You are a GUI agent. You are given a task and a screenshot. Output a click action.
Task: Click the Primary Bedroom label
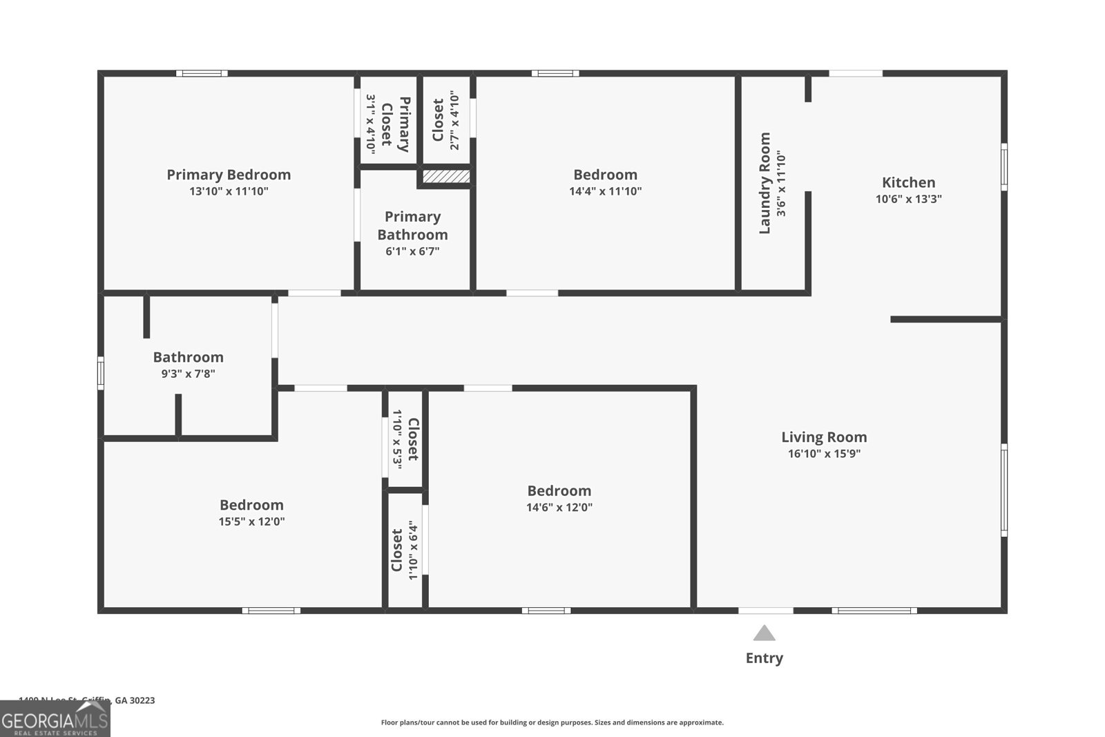point(229,175)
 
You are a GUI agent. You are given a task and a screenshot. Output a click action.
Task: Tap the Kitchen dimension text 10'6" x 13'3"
point(908,199)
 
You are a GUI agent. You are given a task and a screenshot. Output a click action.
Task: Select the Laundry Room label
point(765,183)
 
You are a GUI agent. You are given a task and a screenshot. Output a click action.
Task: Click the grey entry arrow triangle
point(764,633)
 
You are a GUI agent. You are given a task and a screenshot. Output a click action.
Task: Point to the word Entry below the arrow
point(764,658)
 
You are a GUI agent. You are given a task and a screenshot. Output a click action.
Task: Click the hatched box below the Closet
point(446,176)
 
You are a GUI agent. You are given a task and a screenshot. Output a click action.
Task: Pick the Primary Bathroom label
point(412,226)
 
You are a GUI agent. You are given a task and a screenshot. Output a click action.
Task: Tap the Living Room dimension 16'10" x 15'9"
point(824,454)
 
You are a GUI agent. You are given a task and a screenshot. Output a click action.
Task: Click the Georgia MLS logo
point(55,719)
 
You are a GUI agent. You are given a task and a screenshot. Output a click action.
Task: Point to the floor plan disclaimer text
point(552,722)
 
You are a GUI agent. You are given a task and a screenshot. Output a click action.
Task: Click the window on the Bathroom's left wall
point(101,372)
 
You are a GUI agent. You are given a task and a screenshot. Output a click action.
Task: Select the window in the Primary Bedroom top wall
point(201,73)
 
